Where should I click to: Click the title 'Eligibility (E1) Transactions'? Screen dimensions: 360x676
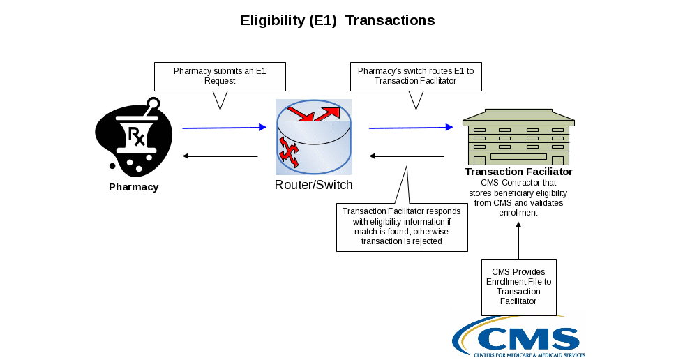click(338, 20)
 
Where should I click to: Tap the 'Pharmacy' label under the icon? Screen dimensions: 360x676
click(134, 187)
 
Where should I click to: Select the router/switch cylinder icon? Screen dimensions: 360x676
click(314, 138)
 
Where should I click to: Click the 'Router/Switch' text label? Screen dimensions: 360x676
click(314, 185)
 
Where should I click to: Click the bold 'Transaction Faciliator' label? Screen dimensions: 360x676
click(519, 172)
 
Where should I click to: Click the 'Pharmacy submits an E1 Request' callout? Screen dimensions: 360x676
click(220, 76)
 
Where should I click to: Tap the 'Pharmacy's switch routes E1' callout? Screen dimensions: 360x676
click(415, 76)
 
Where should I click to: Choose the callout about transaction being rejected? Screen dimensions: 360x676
click(403, 227)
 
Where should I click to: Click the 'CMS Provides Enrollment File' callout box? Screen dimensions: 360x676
click(518, 286)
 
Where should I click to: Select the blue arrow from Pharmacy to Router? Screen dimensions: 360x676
click(225, 128)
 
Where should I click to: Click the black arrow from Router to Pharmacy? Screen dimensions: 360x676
click(220, 156)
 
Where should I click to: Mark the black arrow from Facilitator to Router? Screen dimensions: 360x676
click(407, 156)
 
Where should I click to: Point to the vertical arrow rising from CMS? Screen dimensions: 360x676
click(519, 241)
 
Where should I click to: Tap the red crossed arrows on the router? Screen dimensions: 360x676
click(288, 153)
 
